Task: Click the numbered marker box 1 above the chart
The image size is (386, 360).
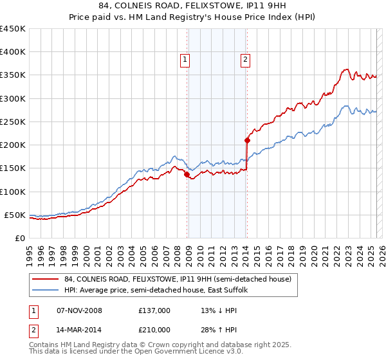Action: [x=185, y=60]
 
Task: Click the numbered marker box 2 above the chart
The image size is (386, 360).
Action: [x=246, y=60]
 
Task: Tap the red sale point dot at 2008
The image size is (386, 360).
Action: [x=187, y=174]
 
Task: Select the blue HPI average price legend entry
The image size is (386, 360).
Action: [x=161, y=291]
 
